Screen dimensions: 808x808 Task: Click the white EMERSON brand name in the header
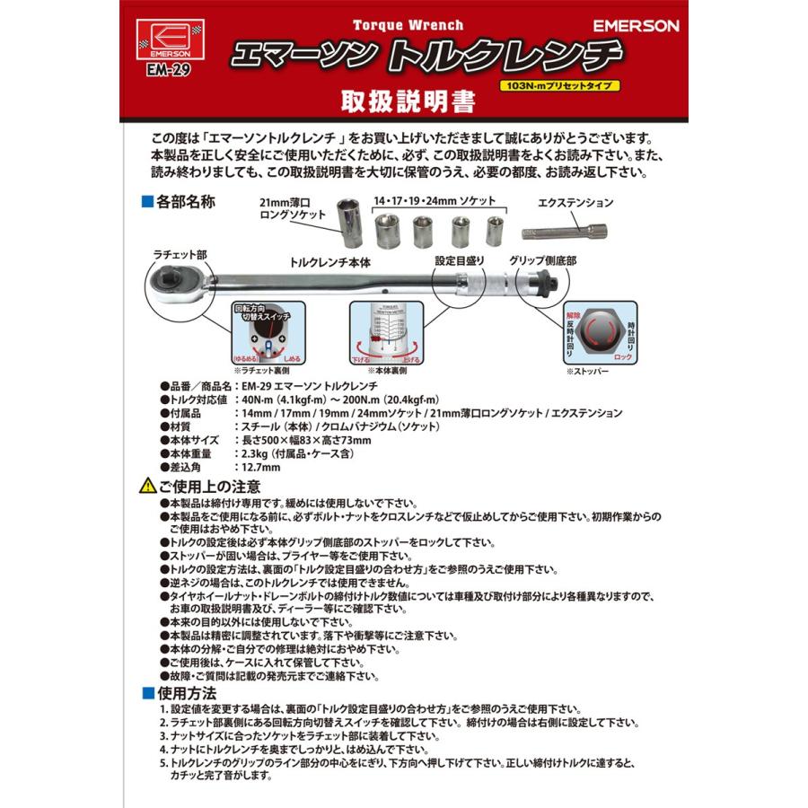(637, 26)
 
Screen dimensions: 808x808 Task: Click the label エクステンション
(575, 203)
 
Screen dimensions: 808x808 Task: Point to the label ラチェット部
(179, 255)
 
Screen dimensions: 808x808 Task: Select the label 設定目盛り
(460, 260)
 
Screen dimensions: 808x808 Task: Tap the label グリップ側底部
(542, 260)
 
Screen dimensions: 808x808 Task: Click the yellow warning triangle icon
(147, 487)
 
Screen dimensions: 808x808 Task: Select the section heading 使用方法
(186, 692)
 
